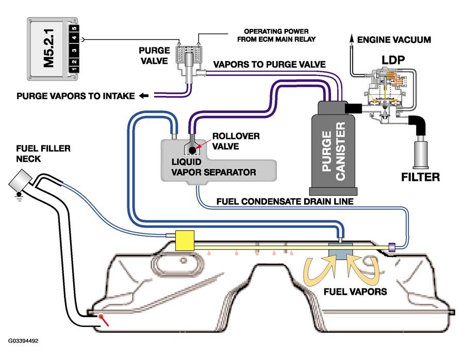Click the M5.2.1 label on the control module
49,48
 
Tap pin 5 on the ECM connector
74,28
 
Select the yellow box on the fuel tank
185,240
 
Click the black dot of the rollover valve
192,151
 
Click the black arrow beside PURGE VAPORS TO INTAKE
144,95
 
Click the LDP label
393,60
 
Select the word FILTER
420,177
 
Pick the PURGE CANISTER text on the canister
334,151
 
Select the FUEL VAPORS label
355,291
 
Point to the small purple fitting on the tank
391,246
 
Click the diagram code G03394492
23,341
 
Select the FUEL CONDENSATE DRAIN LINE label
285,202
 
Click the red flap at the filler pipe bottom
104,320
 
